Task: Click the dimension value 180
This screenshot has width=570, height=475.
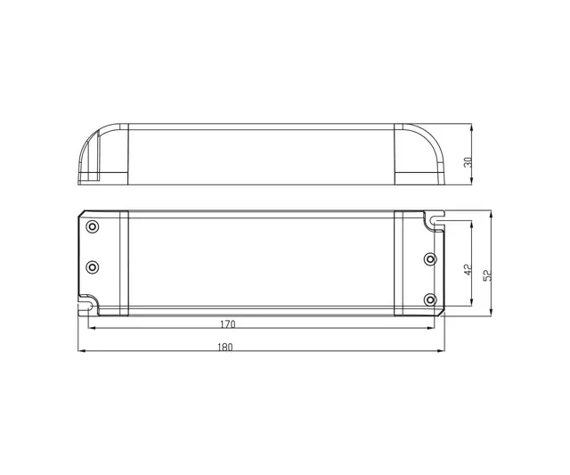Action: pyautogui.click(x=225, y=346)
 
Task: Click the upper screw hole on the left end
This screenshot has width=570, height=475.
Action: pyautogui.click(x=91, y=226)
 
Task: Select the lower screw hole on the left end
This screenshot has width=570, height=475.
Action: pyautogui.click(x=91, y=267)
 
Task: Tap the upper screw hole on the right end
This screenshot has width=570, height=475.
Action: pyautogui.click(x=431, y=259)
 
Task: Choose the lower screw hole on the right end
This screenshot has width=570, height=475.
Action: pyautogui.click(x=431, y=299)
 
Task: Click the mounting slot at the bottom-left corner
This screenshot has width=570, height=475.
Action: pyautogui.click(x=88, y=305)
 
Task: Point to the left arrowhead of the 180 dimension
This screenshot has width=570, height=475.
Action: pyautogui.click(x=83, y=352)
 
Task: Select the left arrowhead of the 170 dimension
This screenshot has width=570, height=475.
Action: pyautogui.click(x=92, y=332)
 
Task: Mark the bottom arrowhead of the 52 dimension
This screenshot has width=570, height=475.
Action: pyautogui.click(x=492, y=314)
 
